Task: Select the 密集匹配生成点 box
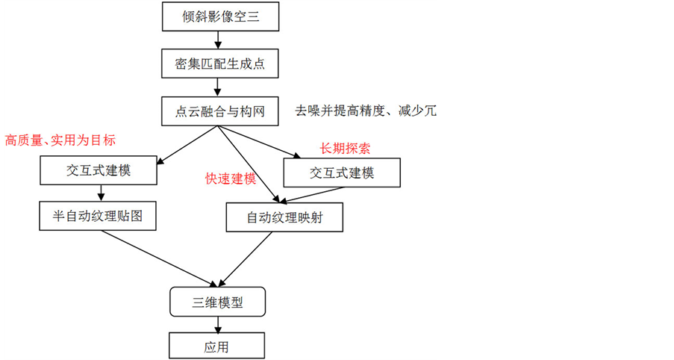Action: click(219, 63)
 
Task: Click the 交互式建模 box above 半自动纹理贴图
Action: click(98, 171)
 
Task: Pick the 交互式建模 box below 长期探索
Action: click(341, 173)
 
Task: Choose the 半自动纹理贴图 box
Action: click(98, 216)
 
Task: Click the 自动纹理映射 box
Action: click(284, 218)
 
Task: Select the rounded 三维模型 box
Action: click(218, 302)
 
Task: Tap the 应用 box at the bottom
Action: click(217, 347)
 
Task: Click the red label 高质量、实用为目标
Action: click(60, 140)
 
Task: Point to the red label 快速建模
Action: click(231, 179)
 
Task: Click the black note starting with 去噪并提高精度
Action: click(365, 111)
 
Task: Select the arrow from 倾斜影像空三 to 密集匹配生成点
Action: click(219, 40)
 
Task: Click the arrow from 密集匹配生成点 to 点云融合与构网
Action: click(219, 87)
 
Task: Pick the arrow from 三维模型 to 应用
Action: click(218, 325)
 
